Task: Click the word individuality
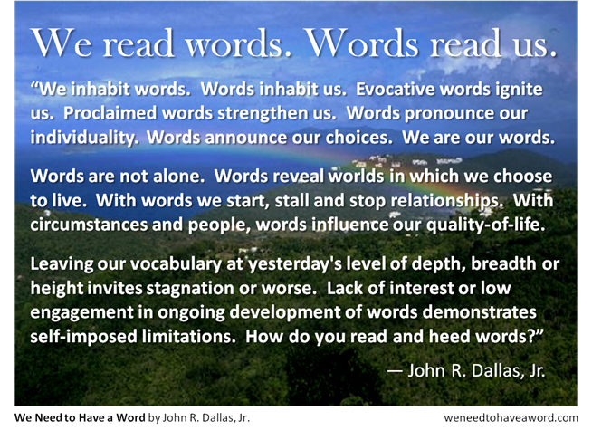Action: tap(82, 139)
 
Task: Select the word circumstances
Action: tap(89, 225)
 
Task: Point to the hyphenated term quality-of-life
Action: tap(485, 226)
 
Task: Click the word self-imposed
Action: tap(83, 338)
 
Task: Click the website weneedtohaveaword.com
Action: tap(511, 417)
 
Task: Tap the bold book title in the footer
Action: tap(80, 417)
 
